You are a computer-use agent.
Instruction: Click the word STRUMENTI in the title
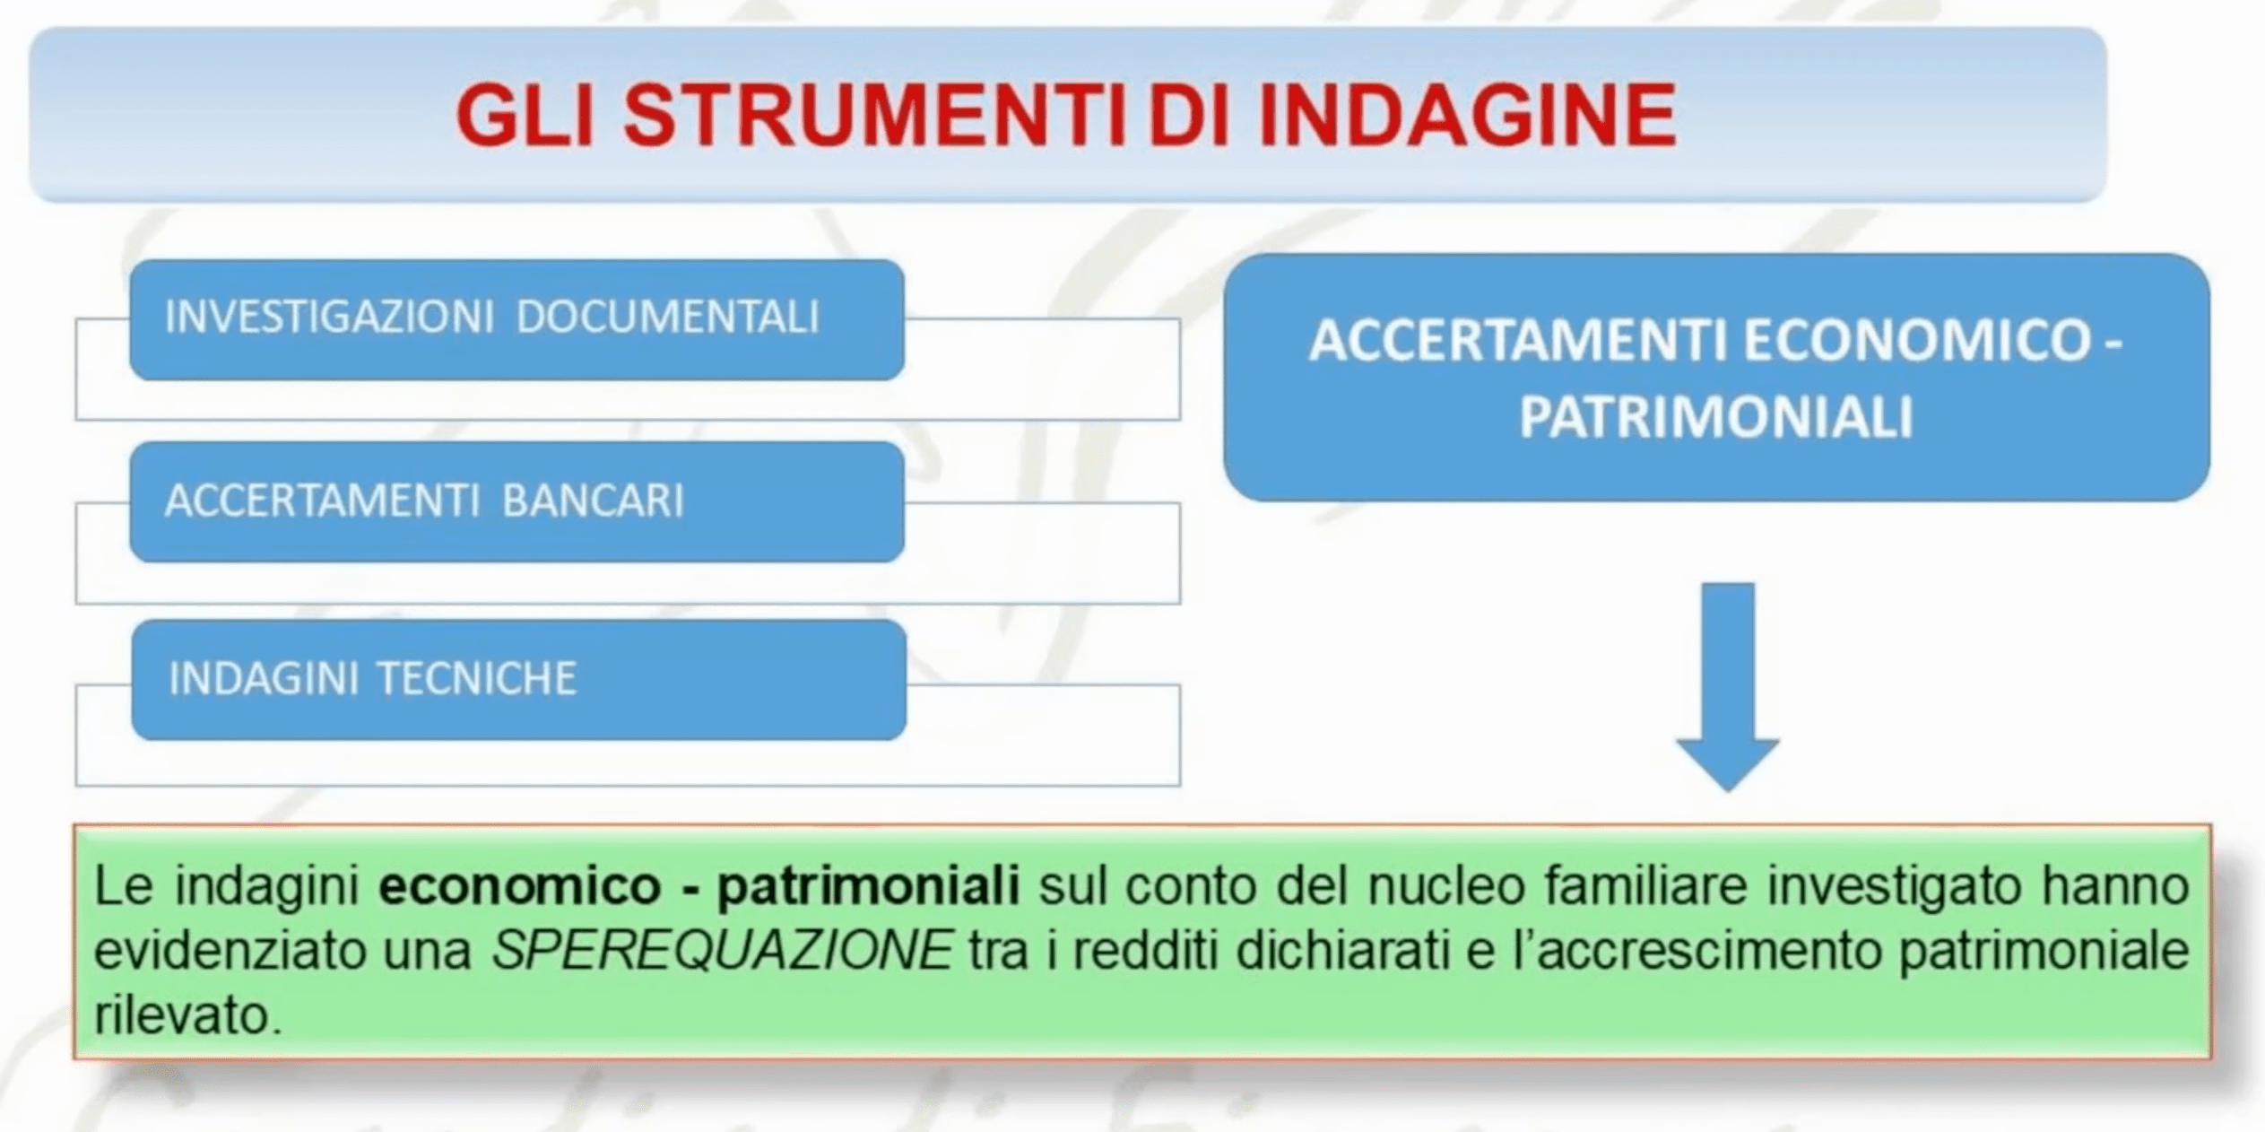(x=875, y=116)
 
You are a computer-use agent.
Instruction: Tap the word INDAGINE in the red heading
(x=1467, y=116)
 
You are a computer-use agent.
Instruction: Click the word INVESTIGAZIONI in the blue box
(x=329, y=317)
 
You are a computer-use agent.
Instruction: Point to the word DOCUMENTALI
(x=668, y=317)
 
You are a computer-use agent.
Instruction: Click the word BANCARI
(x=593, y=500)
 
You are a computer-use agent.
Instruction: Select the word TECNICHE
(x=476, y=678)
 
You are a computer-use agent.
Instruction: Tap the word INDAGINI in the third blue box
(x=264, y=678)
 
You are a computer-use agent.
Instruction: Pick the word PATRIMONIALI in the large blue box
(x=1716, y=417)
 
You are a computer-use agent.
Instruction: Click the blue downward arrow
(x=1728, y=687)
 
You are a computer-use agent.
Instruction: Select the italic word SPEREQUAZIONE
(x=722, y=950)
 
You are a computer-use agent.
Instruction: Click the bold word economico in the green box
(x=520, y=886)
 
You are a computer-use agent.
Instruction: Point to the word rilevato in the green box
(x=188, y=1016)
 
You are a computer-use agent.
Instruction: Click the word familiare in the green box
(x=1645, y=886)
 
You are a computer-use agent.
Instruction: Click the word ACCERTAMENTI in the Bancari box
(x=322, y=500)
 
